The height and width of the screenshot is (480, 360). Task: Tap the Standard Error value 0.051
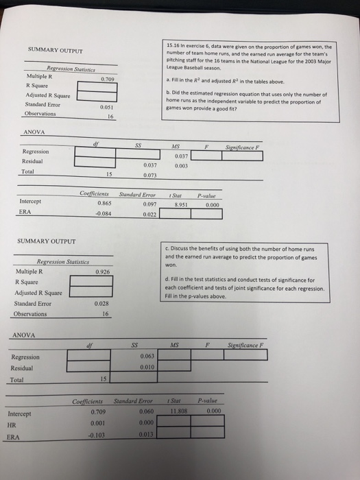[x=104, y=108]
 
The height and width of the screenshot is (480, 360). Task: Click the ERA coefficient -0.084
[x=103, y=213]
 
